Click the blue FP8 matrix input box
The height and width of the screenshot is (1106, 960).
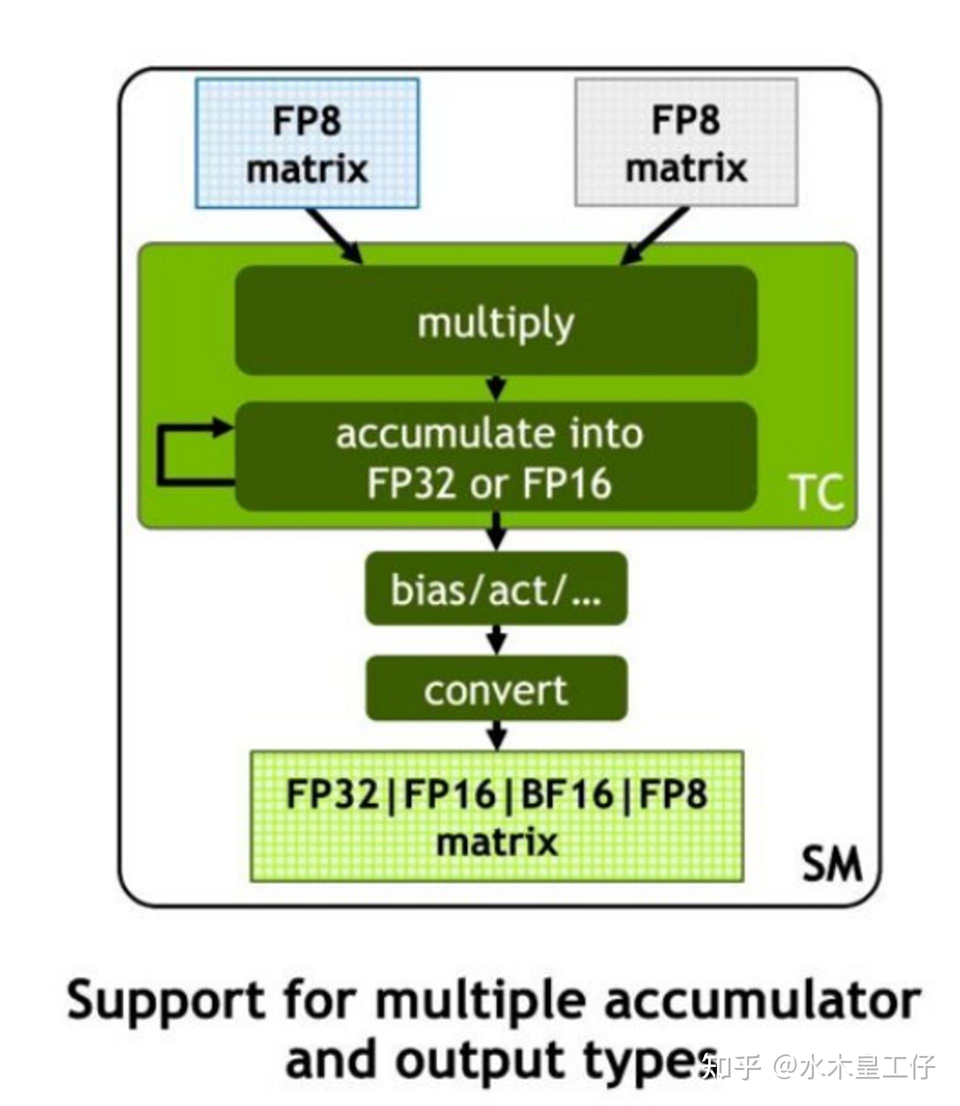point(307,143)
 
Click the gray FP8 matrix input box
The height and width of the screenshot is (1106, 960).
point(686,143)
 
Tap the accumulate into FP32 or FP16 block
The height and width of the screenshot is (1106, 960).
point(496,457)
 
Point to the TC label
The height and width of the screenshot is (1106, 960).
point(817,492)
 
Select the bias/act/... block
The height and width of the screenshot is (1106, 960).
point(496,589)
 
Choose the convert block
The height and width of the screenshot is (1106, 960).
point(496,690)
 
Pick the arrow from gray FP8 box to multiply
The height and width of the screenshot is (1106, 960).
point(654,236)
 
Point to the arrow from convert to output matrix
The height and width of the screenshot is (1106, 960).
point(497,735)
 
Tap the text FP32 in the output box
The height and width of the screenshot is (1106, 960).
point(332,794)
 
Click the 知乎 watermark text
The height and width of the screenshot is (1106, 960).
point(731,1067)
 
